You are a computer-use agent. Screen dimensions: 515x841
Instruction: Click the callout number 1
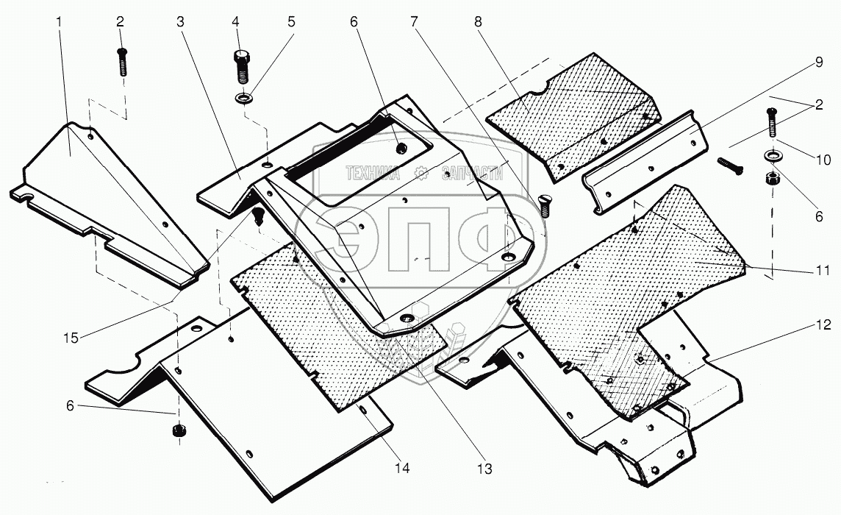tap(58, 22)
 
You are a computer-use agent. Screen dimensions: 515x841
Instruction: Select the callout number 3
tap(179, 22)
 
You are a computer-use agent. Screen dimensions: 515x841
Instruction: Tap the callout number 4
tap(236, 22)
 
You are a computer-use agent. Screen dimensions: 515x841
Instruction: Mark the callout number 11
tap(821, 269)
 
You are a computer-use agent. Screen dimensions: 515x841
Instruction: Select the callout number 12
tap(821, 324)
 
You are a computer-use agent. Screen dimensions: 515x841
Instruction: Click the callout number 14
tap(402, 468)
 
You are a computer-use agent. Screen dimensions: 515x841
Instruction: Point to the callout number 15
tap(70, 338)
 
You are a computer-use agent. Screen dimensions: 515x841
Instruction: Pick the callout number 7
tap(415, 22)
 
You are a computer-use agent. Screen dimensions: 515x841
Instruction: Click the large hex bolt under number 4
tap(242, 67)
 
